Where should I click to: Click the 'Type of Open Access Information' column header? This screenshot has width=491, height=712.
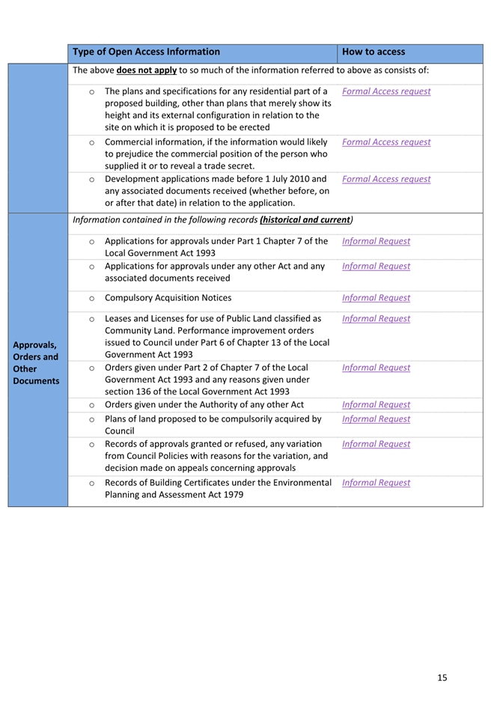pyautogui.click(x=146, y=52)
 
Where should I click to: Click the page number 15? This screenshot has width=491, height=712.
pyautogui.click(x=442, y=678)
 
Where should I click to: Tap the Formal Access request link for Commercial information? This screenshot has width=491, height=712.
pyautogui.click(x=385, y=142)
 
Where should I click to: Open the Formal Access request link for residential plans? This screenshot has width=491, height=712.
pyautogui.click(x=385, y=92)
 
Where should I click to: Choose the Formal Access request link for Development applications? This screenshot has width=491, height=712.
pyautogui.click(x=385, y=180)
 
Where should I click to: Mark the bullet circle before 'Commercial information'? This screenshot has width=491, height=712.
pyautogui.click(x=91, y=142)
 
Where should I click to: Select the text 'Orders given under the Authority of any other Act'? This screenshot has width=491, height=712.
pyautogui.click(x=204, y=405)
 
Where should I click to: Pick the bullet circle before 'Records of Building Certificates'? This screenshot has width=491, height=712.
pyautogui.click(x=91, y=483)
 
